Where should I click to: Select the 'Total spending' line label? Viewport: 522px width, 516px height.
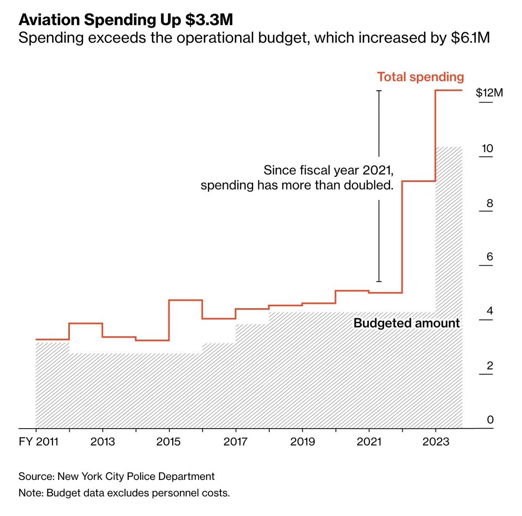(x=420, y=77)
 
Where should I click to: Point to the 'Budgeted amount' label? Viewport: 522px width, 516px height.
(x=406, y=323)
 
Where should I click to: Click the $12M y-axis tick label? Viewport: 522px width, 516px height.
(x=489, y=93)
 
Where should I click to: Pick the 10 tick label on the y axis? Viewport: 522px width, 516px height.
(x=487, y=149)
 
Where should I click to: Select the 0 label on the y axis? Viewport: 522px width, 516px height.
(x=490, y=419)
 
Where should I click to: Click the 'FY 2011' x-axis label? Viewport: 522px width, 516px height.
(x=38, y=442)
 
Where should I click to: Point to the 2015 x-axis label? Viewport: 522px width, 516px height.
(x=168, y=442)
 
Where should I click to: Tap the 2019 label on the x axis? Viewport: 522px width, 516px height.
(x=302, y=442)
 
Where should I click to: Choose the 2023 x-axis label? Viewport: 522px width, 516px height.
(x=436, y=442)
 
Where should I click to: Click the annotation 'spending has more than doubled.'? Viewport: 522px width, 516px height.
(x=297, y=185)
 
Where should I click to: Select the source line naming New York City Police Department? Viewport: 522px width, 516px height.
(x=117, y=476)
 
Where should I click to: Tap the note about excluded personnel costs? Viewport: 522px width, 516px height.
(x=124, y=493)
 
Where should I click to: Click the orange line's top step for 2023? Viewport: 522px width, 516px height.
(x=449, y=90)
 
